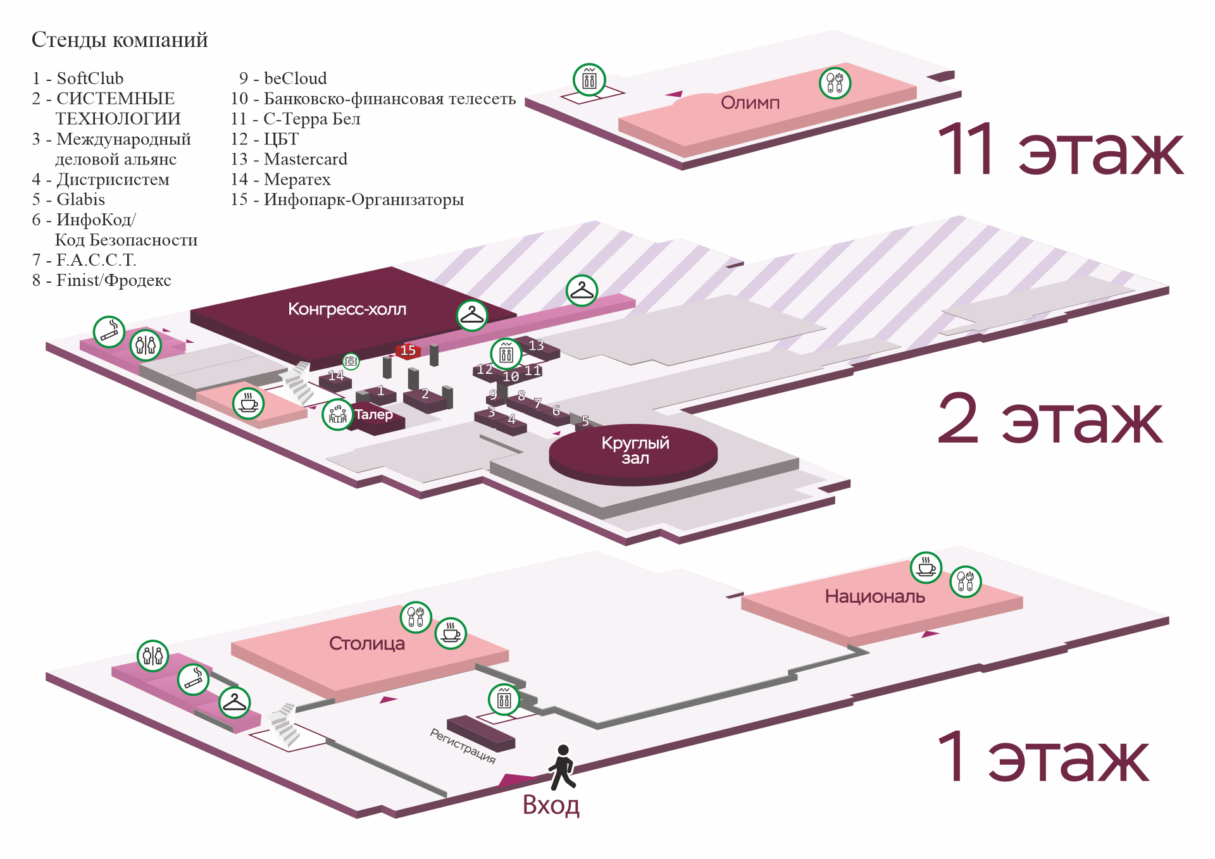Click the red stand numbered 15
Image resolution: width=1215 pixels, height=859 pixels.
click(408, 350)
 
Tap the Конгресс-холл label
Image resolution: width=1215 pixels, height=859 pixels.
click(347, 309)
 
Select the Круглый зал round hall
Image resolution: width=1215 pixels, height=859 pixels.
click(635, 450)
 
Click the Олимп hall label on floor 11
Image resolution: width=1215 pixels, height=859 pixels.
click(750, 103)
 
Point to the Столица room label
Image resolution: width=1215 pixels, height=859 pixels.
click(366, 643)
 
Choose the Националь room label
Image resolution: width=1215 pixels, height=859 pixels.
click(875, 596)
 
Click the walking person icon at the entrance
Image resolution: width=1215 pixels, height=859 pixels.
click(562, 767)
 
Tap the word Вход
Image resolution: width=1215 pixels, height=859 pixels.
click(551, 805)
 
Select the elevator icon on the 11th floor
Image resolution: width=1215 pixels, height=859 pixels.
click(589, 80)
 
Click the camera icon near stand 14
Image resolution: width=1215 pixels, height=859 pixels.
click(351, 361)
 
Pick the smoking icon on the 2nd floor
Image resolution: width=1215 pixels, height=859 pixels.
click(109, 331)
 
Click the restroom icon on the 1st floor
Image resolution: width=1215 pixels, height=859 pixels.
click(153, 655)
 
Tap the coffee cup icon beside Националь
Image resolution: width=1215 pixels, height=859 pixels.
click(926, 567)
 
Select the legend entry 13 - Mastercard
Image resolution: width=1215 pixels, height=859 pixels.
click(289, 159)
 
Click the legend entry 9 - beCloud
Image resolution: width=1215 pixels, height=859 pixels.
click(283, 78)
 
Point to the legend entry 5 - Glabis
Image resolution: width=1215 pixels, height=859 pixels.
click(68, 200)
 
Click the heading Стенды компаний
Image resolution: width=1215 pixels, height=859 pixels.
click(120, 40)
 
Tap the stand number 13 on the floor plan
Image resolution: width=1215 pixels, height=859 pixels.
click(536, 345)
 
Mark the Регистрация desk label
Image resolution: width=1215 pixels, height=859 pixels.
click(463, 746)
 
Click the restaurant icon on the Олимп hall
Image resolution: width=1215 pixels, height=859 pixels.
click(835, 83)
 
